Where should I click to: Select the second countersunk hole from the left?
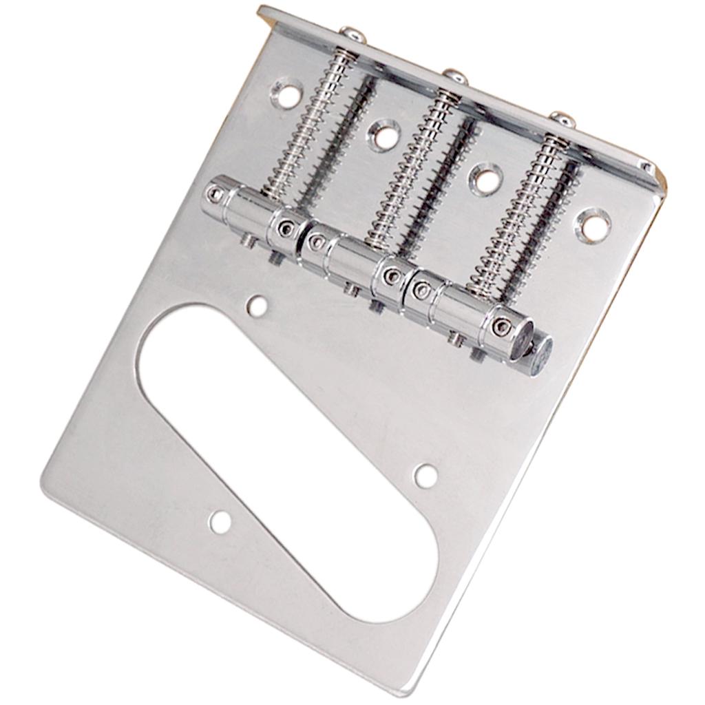coord(383,134)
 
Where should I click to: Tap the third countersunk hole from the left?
coord(486,178)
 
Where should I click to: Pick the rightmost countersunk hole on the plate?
coord(592,224)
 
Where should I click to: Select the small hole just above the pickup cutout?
coord(257,306)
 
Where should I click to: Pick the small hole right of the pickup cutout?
coord(425,475)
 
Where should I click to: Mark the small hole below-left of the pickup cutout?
coord(220,522)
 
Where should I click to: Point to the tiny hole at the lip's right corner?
coord(646,167)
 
